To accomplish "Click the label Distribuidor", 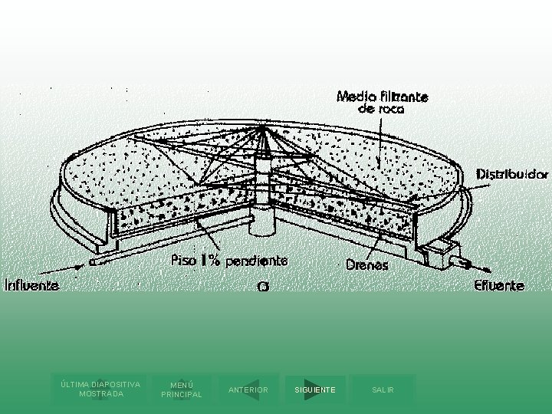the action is coord(513,174).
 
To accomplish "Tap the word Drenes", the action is coord(367,265).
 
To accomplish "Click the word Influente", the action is coord(33,285).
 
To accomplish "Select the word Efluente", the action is coord(499,286).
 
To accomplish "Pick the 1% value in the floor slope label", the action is coord(210,261).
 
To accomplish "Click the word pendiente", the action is coord(255,261).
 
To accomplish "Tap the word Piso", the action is coord(182,261).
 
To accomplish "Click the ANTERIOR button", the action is coord(248,389).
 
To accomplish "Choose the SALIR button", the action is coord(383,389).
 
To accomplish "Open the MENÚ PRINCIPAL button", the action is coord(182,389).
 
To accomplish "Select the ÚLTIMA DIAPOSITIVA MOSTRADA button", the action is coord(100,389).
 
